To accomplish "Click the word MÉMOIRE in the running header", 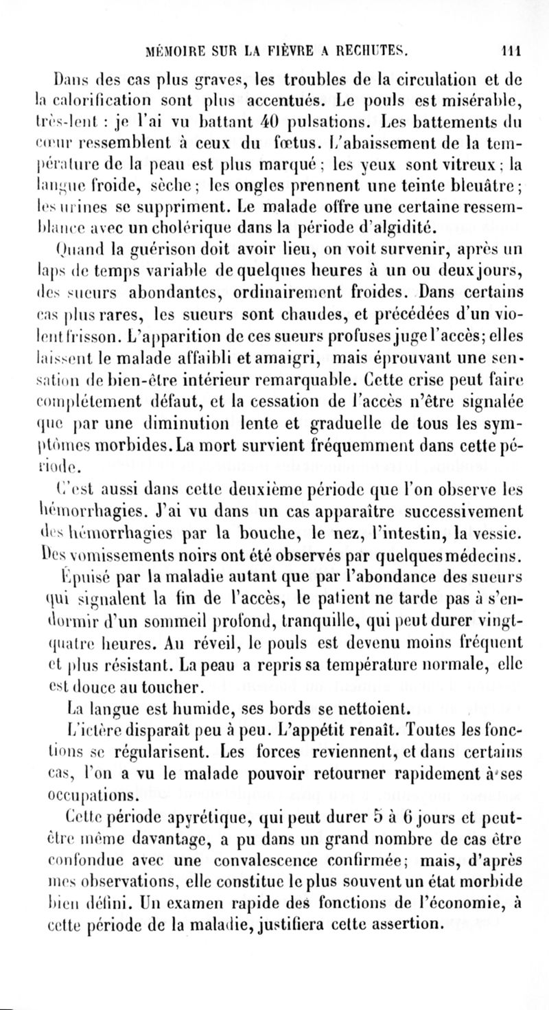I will (x=181, y=49).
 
